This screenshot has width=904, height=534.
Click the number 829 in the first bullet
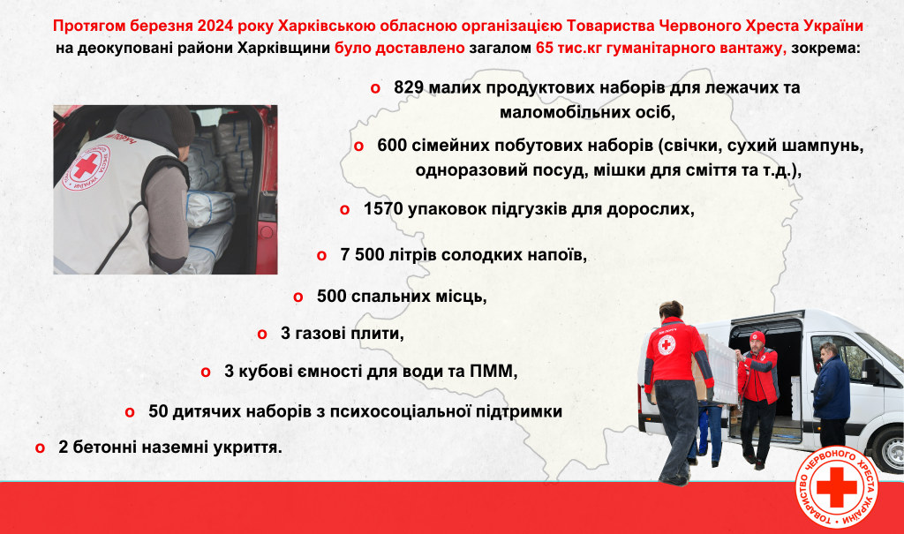click(x=409, y=87)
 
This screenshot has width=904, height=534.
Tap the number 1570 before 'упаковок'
click(x=383, y=209)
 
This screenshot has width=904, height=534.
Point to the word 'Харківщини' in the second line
click(x=283, y=48)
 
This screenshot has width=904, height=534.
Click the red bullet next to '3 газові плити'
click(x=262, y=335)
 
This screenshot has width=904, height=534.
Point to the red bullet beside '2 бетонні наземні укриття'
click(x=40, y=448)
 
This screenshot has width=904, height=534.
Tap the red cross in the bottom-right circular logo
click(x=837, y=486)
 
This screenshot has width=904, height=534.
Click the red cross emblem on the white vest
click(x=86, y=166)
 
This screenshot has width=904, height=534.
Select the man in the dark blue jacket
click(x=832, y=395)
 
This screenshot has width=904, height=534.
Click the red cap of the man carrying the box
click(x=757, y=337)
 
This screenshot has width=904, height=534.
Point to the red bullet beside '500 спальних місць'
click(x=298, y=297)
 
